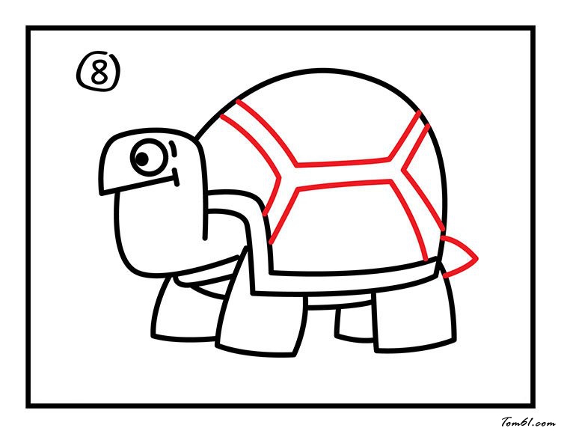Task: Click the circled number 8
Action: coord(99,73)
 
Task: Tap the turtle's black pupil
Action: coord(142,159)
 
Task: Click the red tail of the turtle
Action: coord(459,256)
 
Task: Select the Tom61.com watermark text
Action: coord(528,423)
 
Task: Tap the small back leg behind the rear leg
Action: coord(355,322)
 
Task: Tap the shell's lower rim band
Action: coord(343,281)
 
